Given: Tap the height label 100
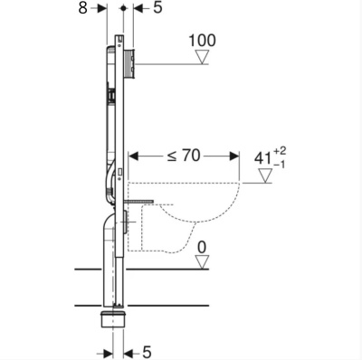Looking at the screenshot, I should [x=203, y=42].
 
